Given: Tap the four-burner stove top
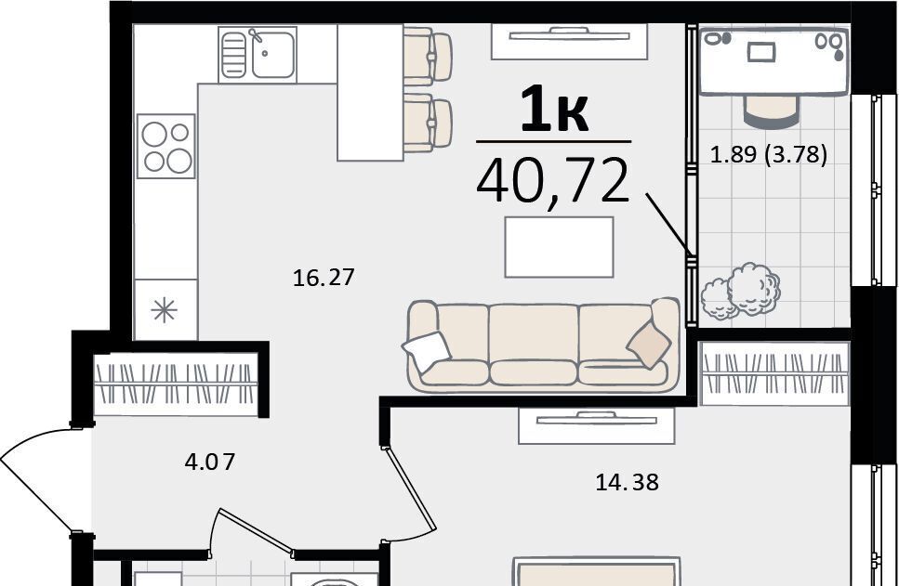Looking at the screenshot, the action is coord(166,146).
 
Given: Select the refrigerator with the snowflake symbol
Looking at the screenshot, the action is coord(165,310).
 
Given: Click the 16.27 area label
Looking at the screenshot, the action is coord(324,278).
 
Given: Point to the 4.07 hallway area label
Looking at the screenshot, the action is coord(210,462).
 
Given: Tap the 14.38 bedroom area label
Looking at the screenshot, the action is coord(628,482).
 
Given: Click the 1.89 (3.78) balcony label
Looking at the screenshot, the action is coord(769,155).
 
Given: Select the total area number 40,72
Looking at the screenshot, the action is coord(553,181).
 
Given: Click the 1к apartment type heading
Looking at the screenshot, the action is coord(554,109).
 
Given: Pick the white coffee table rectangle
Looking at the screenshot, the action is coord(559,247).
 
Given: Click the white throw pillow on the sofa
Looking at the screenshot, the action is coord(427,350).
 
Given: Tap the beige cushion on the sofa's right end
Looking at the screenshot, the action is coord(648,345).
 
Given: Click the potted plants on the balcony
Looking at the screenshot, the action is coord(740,291).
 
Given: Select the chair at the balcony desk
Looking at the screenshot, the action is coord(770,111).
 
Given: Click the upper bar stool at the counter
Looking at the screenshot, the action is coord(428,56).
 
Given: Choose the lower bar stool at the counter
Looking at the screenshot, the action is coord(428,124).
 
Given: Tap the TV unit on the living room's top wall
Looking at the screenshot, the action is coord(569,41).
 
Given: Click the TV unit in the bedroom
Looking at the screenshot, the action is coord(596,425).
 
